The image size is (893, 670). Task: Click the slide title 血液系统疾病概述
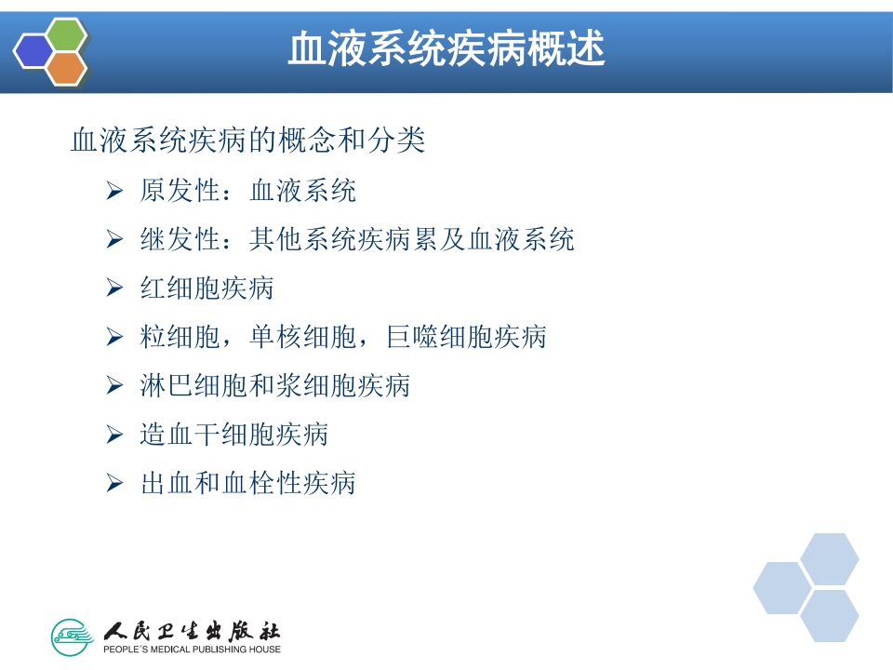tap(446, 48)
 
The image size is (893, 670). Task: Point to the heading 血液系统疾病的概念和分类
tap(248, 141)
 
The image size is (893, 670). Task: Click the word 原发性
tap(180, 192)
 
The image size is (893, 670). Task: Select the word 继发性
tap(180, 240)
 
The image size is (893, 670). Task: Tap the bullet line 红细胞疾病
tap(207, 288)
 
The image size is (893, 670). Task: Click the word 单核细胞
tap(322, 337)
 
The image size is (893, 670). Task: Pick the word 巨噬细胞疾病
tap(466, 337)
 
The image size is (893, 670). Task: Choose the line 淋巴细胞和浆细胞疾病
tap(274, 385)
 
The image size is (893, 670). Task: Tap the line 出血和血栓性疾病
tap(247, 483)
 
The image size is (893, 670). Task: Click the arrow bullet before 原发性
tap(114, 192)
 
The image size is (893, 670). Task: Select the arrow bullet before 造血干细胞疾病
tap(114, 434)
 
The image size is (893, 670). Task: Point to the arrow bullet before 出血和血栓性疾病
tap(114, 483)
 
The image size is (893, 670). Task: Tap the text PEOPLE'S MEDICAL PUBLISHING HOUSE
tap(192, 649)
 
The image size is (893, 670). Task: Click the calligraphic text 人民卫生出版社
tap(192, 630)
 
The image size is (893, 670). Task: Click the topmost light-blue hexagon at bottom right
tap(829, 558)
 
